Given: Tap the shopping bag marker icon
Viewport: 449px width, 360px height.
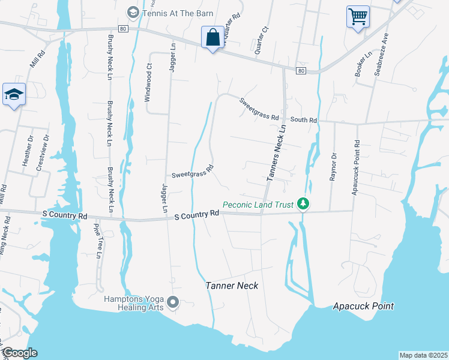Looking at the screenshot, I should [212, 38].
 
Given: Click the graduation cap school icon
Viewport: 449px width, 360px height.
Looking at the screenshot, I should [13, 94].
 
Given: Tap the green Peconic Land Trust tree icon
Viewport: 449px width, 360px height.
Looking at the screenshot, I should [304, 205].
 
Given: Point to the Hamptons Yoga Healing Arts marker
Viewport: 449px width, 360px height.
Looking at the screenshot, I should [173, 302].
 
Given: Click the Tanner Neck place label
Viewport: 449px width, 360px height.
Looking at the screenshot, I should [232, 286].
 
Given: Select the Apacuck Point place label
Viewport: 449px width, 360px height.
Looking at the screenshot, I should [364, 307].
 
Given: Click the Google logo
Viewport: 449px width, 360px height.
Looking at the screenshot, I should [19, 353].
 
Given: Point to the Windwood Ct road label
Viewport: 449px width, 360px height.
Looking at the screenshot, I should [149, 86].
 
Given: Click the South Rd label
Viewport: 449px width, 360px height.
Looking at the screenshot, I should [304, 120].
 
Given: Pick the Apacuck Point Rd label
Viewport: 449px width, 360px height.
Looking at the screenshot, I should [357, 160].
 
